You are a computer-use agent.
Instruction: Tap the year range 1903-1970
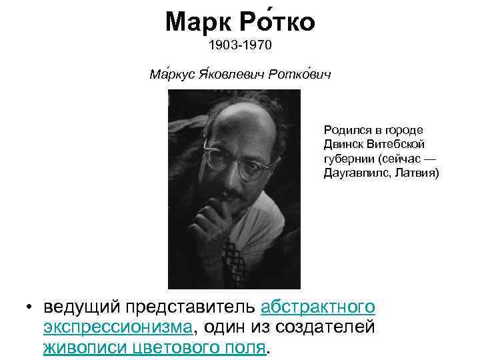click(x=240, y=47)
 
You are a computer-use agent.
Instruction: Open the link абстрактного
click(x=318, y=307)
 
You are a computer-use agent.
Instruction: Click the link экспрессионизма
click(x=118, y=327)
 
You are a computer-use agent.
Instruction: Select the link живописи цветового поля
click(x=154, y=347)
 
